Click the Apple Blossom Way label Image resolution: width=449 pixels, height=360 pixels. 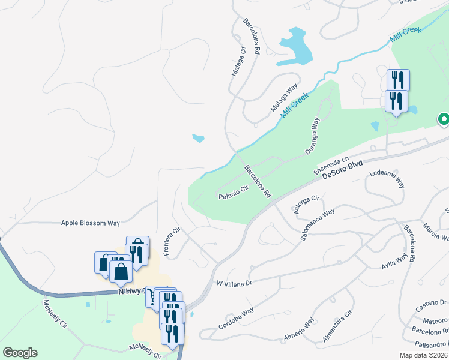91,223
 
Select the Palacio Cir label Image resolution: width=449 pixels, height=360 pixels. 233,193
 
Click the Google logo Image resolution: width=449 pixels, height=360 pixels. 20,353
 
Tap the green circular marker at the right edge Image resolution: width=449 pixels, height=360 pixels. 444,120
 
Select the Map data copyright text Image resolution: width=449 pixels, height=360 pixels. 422,355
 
